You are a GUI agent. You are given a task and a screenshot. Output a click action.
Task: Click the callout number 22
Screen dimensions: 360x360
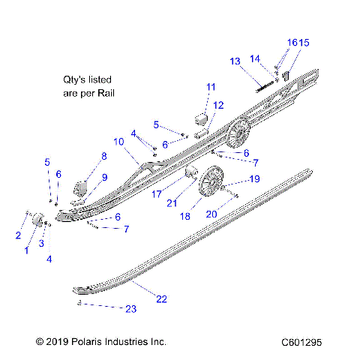pyautogui.click(x=162, y=299)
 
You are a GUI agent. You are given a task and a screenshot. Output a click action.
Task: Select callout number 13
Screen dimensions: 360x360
pyautogui.click(x=235, y=61)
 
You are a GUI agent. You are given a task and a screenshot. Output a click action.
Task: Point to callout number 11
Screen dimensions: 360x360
pyautogui.click(x=211, y=87)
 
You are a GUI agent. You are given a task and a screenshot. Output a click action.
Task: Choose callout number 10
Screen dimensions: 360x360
pyautogui.click(x=118, y=141)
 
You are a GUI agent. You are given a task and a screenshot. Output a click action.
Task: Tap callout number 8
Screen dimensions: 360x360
pyautogui.click(x=104, y=156)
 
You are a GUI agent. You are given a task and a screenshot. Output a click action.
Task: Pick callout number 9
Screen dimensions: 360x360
pyautogui.click(x=104, y=177)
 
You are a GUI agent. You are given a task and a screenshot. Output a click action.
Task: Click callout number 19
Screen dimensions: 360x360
pyautogui.click(x=233, y=178)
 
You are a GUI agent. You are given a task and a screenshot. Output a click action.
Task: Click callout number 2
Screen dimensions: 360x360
pyautogui.click(x=18, y=235)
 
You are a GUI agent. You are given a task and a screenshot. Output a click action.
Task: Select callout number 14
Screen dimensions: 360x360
pyautogui.click(x=255, y=58)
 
